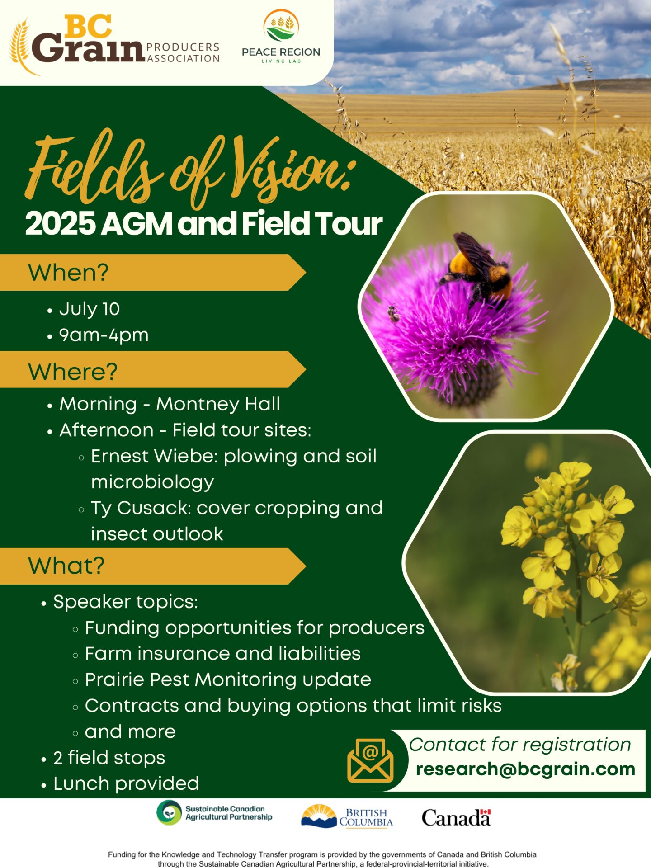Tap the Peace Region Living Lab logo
[x=281, y=37]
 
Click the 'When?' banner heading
[x=68, y=273]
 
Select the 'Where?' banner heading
[x=73, y=372]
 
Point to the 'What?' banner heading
[x=66, y=566]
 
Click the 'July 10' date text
[x=90, y=309]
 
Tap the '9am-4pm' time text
[x=104, y=335]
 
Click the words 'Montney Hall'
[x=218, y=404]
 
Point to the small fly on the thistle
[x=393, y=313]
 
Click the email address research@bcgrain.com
[x=525, y=769]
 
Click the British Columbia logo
[x=347, y=816]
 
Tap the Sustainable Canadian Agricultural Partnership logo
[x=214, y=813]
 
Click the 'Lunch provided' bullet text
[x=126, y=784]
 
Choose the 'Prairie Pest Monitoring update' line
[x=228, y=680]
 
